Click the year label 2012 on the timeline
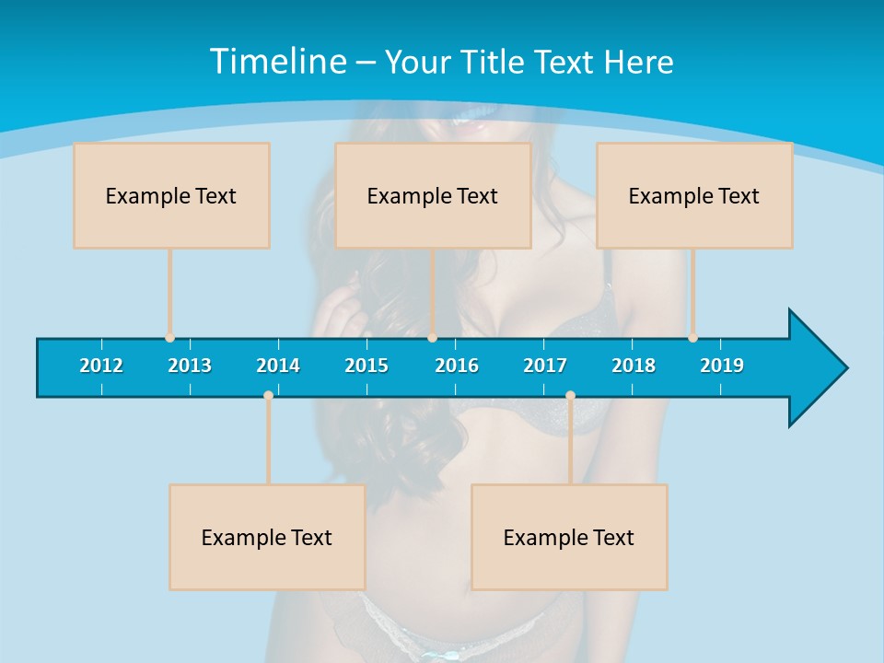pyautogui.click(x=101, y=366)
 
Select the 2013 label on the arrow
pyautogui.click(x=190, y=366)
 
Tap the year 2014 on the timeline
pyautogui.click(x=278, y=366)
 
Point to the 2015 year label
pyautogui.click(x=366, y=366)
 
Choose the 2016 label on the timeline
pyautogui.click(x=457, y=366)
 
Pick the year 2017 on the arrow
pyautogui.click(x=545, y=366)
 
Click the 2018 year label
pyautogui.click(x=634, y=366)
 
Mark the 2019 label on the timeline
pyautogui.click(x=722, y=366)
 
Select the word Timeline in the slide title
pyautogui.click(x=277, y=62)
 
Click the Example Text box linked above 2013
pyautogui.click(x=171, y=195)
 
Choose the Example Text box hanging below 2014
pyautogui.click(x=267, y=537)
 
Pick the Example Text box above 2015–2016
pyautogui.click(x=433, y=195)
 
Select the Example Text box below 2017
pyautogui.click(x=569, y=537)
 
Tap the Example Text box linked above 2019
pyautogui.click(x=694, y=195)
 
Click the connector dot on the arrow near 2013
pyautogui.click(x=169, y=338)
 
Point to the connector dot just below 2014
pyautogui.click(x=268, y=396)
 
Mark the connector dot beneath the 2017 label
pyautogui.click(x=570, y=396)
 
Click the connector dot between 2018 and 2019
pyautogui.click(x=692, y=338)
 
